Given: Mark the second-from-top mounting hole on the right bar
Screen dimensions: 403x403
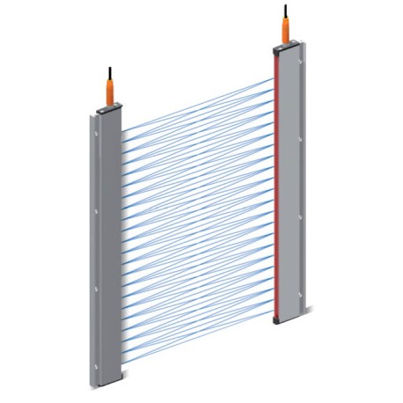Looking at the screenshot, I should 303,139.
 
